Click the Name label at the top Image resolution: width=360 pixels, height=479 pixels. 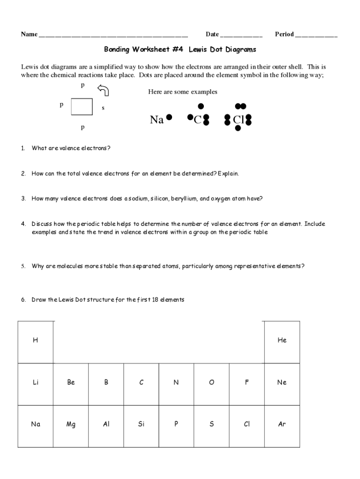coord(29,34)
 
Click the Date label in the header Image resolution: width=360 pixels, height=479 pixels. coord(212,34)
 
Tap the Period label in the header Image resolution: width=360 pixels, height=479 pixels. coord(284,34)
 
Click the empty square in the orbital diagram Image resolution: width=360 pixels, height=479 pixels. coord(82,106)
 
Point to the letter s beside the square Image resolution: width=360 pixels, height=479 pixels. coord(103,108)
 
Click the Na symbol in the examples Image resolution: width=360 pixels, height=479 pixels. coord(157,120)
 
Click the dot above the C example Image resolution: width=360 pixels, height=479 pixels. coord(201,107)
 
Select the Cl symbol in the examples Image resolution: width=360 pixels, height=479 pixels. coord(238,120)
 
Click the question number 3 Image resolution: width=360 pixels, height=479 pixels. coord(23,198)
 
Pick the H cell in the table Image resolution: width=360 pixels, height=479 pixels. coord(36,341)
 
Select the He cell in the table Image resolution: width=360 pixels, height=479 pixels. coord(281,341)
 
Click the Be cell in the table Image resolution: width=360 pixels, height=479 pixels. coord(71,383)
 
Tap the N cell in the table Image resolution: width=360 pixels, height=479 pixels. coord(176,383)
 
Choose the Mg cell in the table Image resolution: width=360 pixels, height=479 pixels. coord(71,425)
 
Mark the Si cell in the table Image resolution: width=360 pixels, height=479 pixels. coord(141,425)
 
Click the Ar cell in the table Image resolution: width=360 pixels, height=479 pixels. coord(281,425)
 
